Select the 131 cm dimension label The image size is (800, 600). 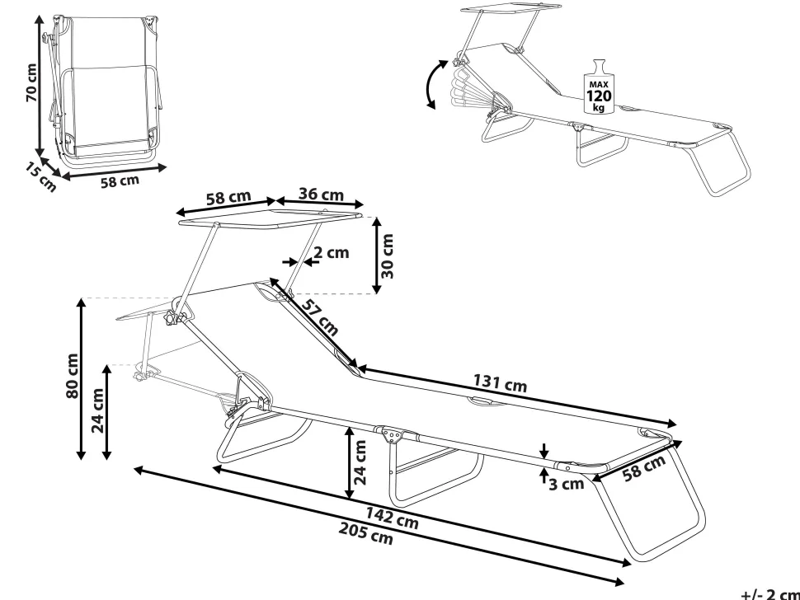point(500,383)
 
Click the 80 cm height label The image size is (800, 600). point(73,377)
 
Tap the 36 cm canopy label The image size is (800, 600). point(321,195)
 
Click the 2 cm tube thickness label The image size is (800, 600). point(332,253)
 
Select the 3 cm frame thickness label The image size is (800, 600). point(566,484)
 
